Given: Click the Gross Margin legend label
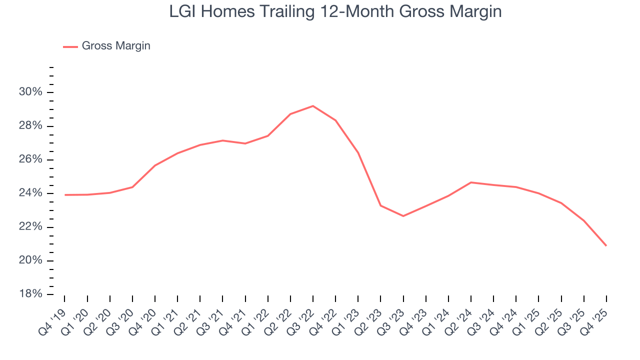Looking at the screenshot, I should click(116, 46).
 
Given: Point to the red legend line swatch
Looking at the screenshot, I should click(70, 46).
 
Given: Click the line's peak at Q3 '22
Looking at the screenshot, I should click(313, 106).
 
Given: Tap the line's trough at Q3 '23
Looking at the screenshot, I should click(403, 216).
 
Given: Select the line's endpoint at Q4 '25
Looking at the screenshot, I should click(606, 245).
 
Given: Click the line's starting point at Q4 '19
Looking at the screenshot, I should click(65, 195).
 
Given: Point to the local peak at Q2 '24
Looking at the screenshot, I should click(471, 182).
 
